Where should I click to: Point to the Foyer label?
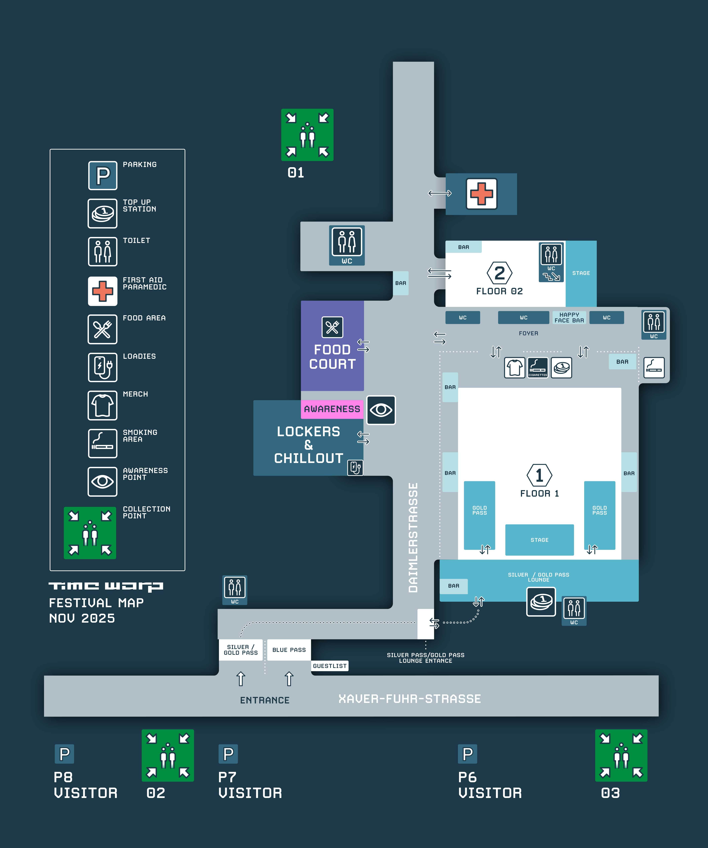[x=528, y=333]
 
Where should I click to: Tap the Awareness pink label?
[x=332, y=409]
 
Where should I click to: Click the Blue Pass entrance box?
[x=289, y=650]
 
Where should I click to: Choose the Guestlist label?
[x=330, y=666]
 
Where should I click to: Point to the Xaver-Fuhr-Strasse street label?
[x=410, y=699]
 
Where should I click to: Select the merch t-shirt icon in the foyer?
[x=515, y=367]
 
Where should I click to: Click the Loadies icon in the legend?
[x=103, y=367]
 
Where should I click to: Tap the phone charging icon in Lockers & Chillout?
[x=355, y=468]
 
